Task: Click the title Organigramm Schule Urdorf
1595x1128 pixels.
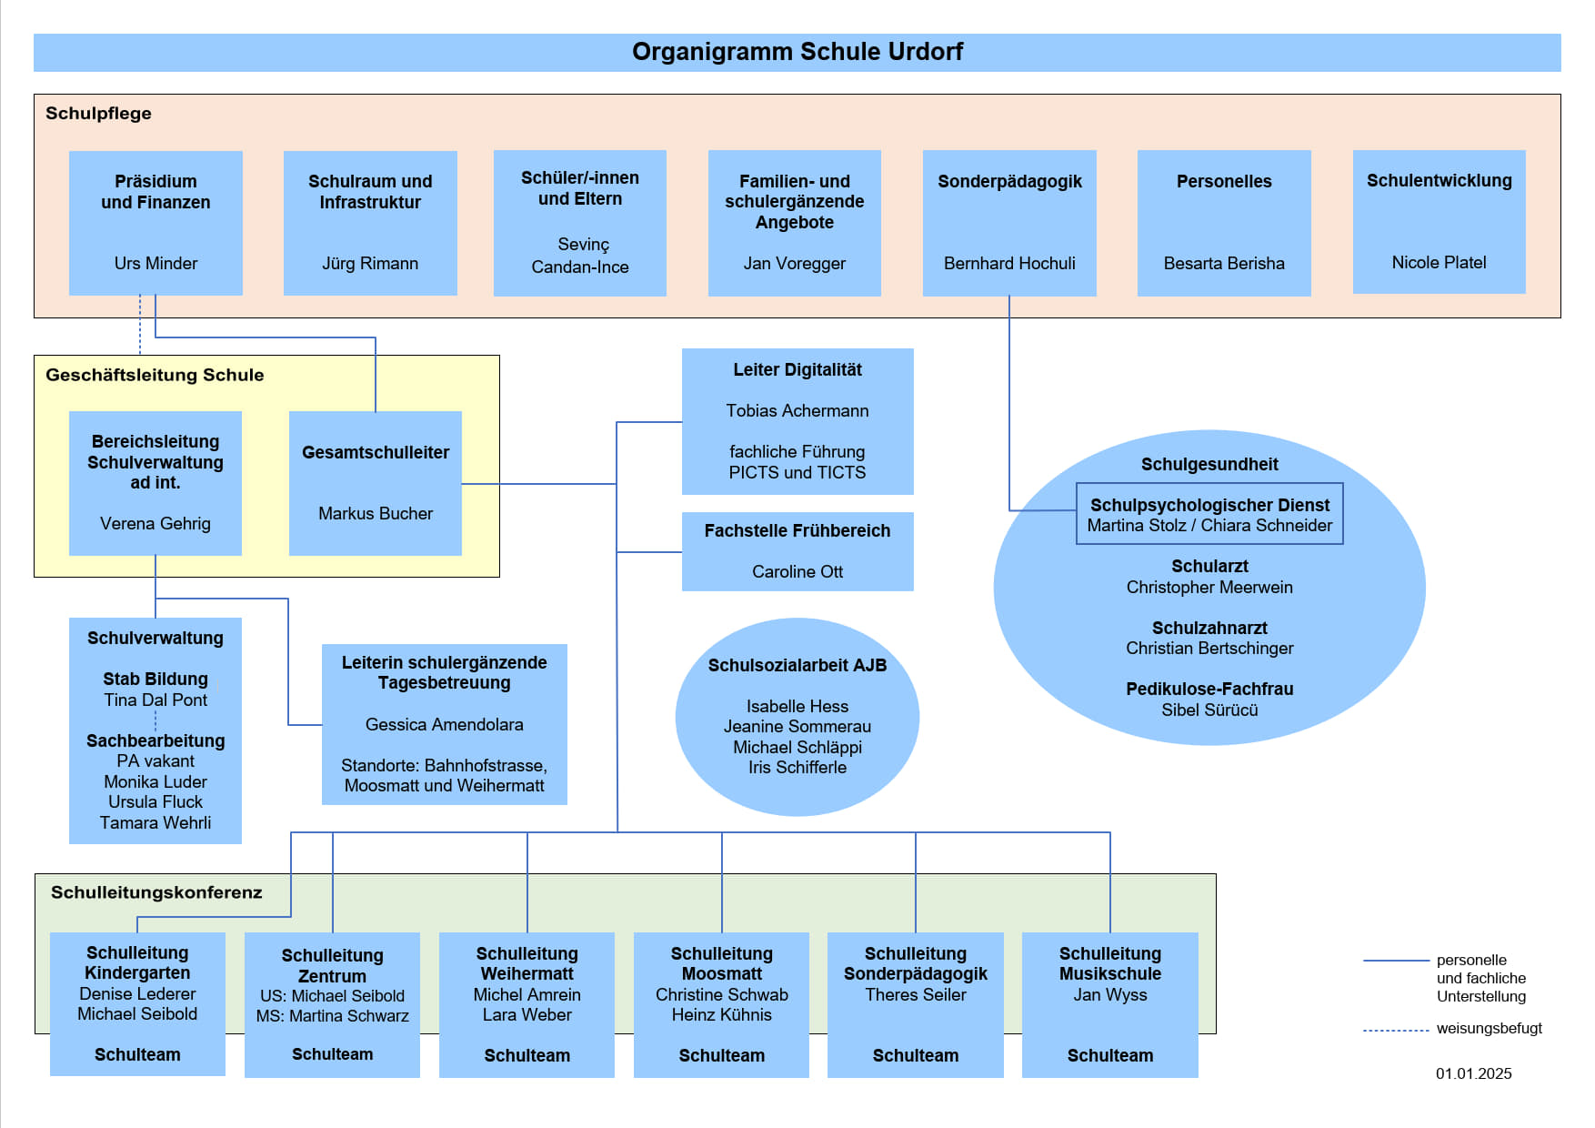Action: [797, 52]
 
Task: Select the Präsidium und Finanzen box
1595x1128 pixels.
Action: [155, 223]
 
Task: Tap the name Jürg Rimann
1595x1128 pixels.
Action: [370, 264]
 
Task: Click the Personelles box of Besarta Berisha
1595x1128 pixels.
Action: [1224, 223]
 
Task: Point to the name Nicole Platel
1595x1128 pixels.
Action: [1439, 263]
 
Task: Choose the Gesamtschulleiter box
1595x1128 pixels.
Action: [376, 483]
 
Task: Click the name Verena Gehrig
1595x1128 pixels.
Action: [155, 524]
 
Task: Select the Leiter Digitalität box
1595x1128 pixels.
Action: [797, 421]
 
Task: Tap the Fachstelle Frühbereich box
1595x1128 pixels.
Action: [797, 551]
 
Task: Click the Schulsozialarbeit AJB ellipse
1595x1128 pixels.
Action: [797, 717]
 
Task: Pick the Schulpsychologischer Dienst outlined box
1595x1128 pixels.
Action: [1209, 514]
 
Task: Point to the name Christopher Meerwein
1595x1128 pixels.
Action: [1209, 588]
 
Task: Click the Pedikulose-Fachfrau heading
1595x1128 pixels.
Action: [1209, 690]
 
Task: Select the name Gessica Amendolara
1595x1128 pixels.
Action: [445, 725]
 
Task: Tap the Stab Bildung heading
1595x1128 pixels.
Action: [155, 680]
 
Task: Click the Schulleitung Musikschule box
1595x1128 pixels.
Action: [1110, 1005]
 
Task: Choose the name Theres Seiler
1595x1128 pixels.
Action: [916, 995]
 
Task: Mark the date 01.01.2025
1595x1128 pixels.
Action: [1474, 1074]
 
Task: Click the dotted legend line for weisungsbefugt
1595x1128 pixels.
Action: [1396, 1031]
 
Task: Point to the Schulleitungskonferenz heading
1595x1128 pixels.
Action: [156, 893]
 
